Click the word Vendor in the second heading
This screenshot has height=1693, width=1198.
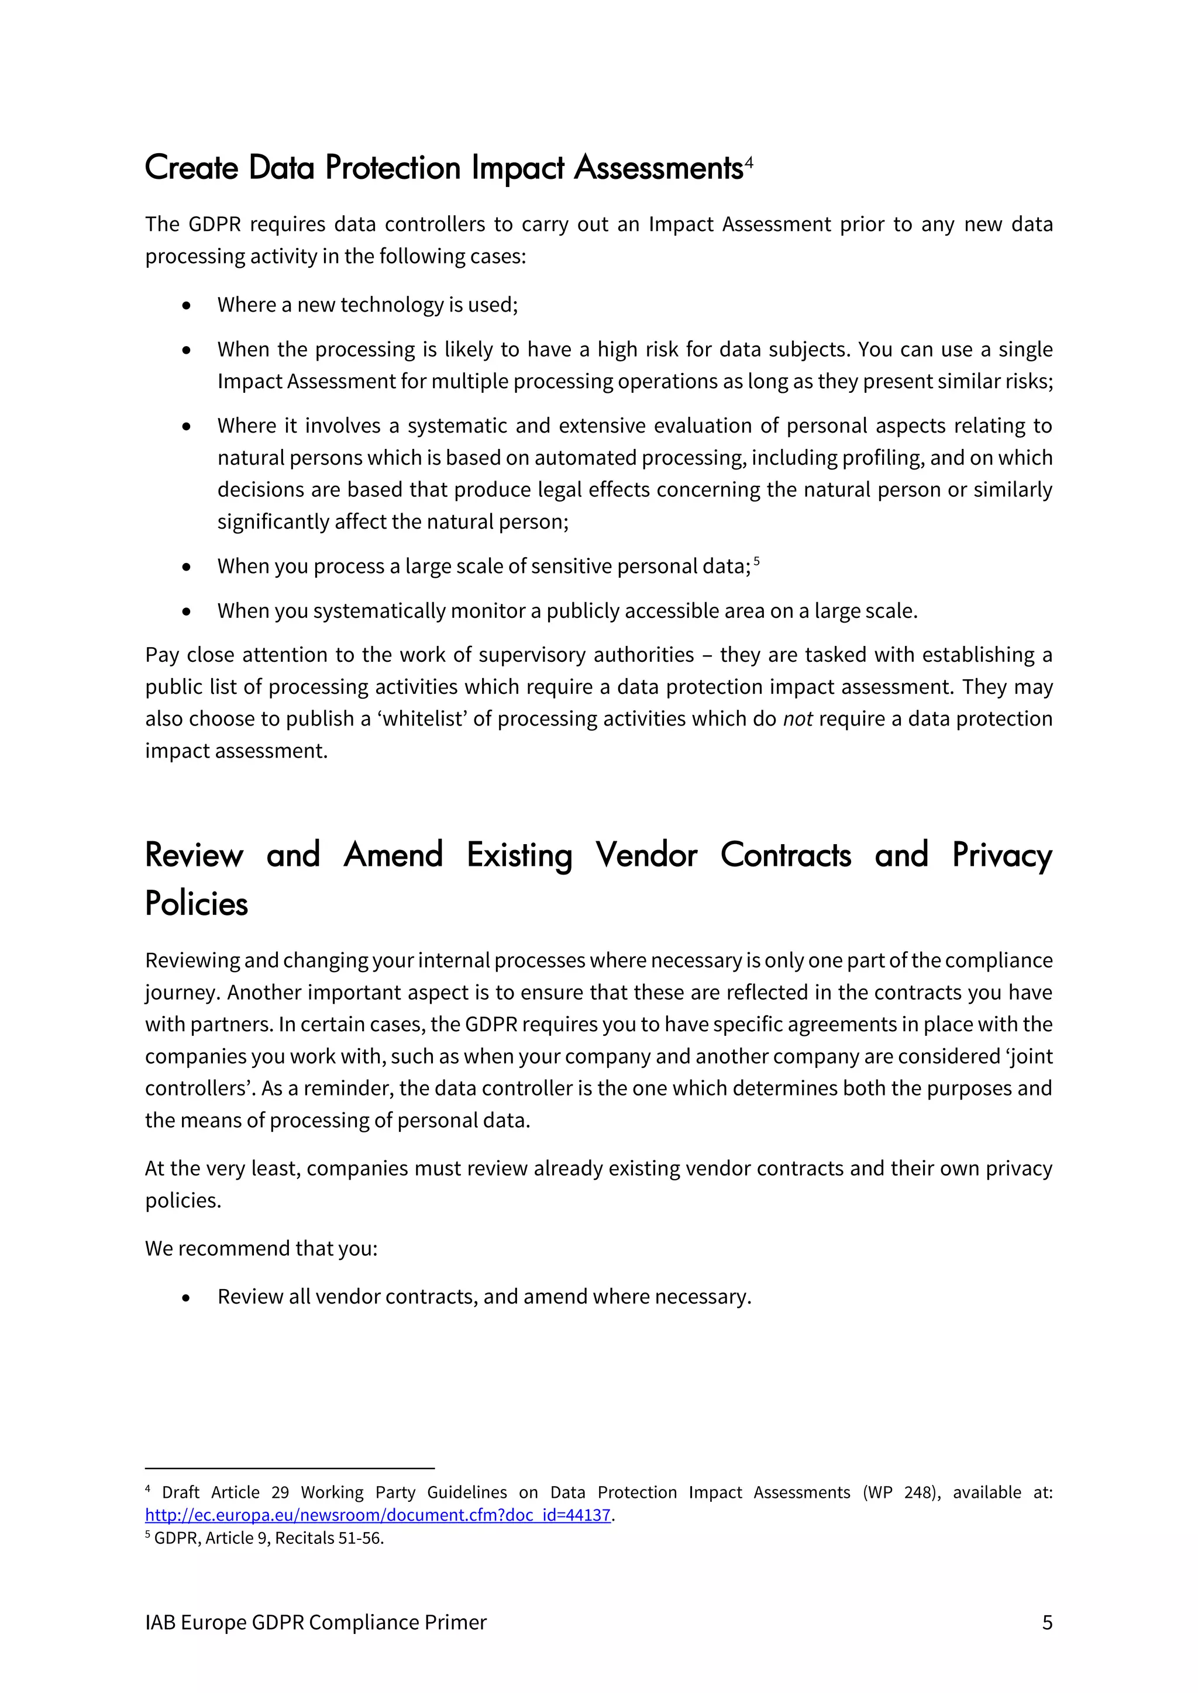click(646, 855)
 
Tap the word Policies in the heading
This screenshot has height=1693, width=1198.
click(196, 904)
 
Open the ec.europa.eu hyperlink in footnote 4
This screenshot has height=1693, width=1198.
click(378, 1515)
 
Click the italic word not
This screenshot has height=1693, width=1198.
click(797, 719)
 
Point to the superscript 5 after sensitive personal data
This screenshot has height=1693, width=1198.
click(757, 561)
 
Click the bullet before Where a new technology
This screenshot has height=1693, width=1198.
click(187, 305)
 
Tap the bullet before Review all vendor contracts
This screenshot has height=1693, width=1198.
click(187, 1297)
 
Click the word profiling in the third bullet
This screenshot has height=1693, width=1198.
click(882, 458)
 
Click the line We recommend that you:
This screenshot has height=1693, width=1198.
click(261, 1248)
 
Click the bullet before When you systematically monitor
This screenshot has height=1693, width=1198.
click(187, 611)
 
